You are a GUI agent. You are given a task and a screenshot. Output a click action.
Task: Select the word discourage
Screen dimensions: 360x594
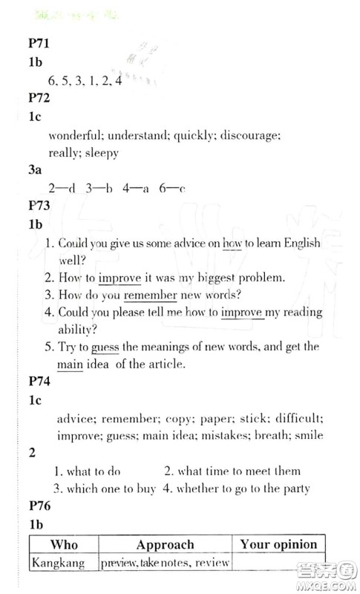point(249,137)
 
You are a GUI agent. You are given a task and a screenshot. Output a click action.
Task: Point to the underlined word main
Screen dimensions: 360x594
point(69,365)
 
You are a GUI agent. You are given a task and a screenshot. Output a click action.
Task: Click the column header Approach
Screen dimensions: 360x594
point(165,545)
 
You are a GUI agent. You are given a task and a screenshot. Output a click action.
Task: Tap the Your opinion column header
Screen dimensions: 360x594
point(278,545)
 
